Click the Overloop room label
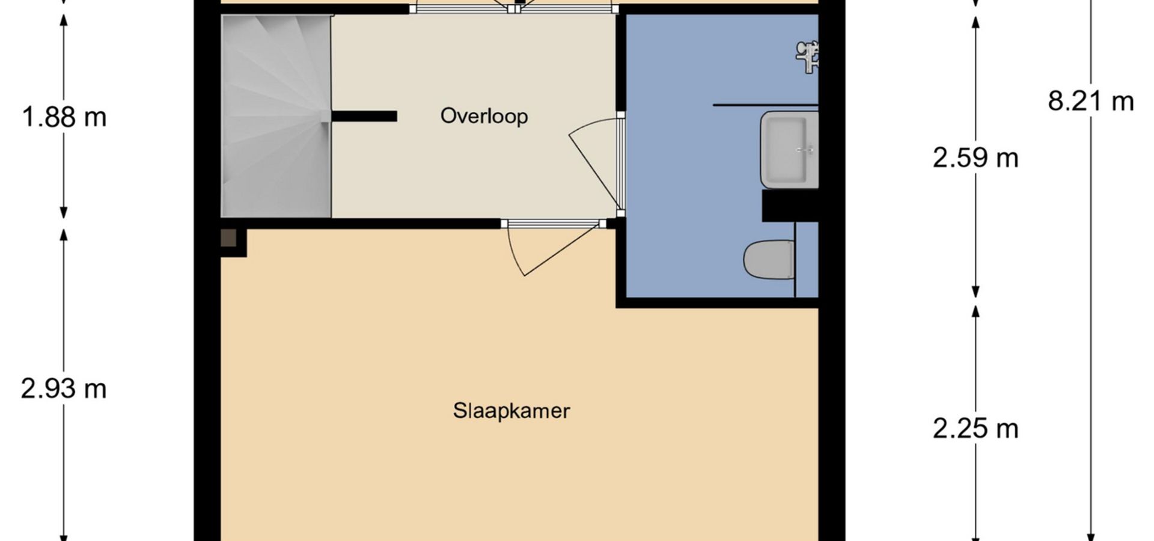coord(484,115)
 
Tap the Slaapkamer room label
coord(511,411)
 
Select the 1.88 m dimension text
coord(64,117)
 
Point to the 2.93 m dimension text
coord(64,389)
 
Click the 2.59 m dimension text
coord(975,158)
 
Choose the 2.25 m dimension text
coord(975,429)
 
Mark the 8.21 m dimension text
coord(1091,101)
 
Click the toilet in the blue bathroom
coord(769,260)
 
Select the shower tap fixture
coord(808,57)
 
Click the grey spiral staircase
coord(276,116)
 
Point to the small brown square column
coord(228,238)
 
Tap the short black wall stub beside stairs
coord(364,117)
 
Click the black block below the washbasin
coord(790,206)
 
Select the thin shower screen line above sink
coord(766,105)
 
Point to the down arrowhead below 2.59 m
coord(975,291)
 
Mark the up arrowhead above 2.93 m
coord(64,236)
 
